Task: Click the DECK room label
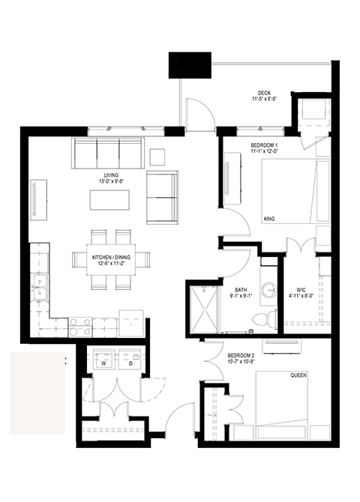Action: pyautogui.click(x=264, y=93)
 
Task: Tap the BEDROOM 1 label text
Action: pyautogui.click(x=264, y=145)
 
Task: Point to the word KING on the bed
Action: pyautogui.click(x=269, y=219)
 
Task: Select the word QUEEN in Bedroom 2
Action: pyautogui.click(x=298, y=375)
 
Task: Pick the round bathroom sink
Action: pyautogui.click(x=268, y=290)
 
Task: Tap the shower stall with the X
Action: pyautogui.click(x=204, y=310)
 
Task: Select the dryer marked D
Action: pyautogui.click(x=130, y=359)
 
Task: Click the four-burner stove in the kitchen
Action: pyautogui.click(x=80, y=327)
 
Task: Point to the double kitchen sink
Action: pyautogui.click(x=40, y=287)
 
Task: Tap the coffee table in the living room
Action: pyautogui.click(x=109, y=200)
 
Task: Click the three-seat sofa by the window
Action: pyautogui.click(x=108, y=154)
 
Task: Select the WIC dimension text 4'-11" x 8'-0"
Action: pyautogui.click(x=301, y=296)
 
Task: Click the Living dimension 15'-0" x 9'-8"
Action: pyautogui.click(x=111, y=181)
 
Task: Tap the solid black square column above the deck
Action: pyautogui.click(x=190, y=65)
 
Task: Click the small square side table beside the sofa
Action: pyautogui.click(x=157, y=157)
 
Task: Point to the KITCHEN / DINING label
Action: pyautogui.click(x=111, y=258)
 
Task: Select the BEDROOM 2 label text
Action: pyautogui.click(x=241, y=356)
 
